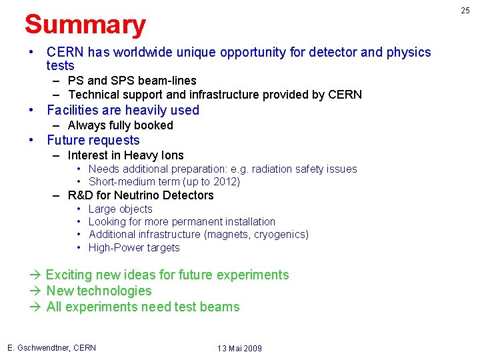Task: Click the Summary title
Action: [x=85, y=25]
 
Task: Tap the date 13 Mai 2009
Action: [x=239, y=349]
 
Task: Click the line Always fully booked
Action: [x=120, y=125]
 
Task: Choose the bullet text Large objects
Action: [x=120, y=209]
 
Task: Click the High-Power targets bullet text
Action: [x=134, y=247]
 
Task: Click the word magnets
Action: [x=229, y=234]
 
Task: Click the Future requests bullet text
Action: [x=93, y=140]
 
